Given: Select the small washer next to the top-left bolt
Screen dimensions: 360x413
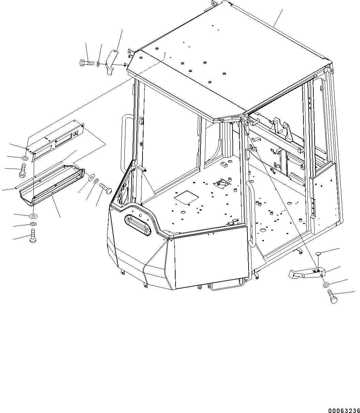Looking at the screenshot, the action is click(x=98, y=64).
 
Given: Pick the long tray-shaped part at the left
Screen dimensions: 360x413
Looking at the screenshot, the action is click(x=52, y=185).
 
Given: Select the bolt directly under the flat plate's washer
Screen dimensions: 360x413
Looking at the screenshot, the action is click(x=22, y=171).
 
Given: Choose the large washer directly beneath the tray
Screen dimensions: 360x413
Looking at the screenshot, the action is click(x=33, y=216).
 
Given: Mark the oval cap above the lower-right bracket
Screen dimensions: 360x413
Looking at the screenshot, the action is click(x=318, y=253).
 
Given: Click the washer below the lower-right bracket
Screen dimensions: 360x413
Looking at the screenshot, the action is click(x=326, y=285).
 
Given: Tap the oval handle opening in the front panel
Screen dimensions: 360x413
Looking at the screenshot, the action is click(x=138, y=225).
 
